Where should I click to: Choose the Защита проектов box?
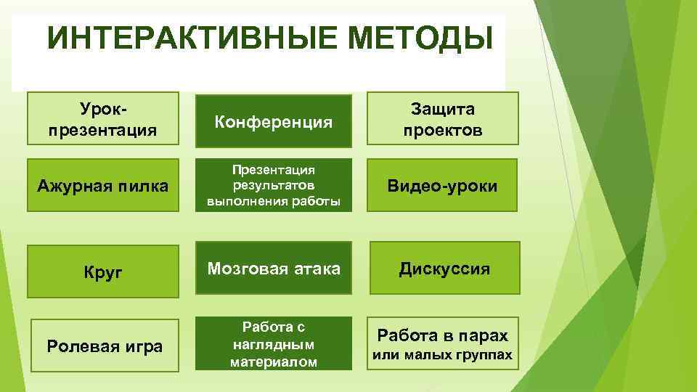point(442,118)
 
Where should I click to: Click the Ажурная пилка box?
point(102,186)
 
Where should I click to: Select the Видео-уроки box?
point(442,186)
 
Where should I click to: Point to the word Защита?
point(442,109)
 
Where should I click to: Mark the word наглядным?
point(274,344)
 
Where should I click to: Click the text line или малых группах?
point(442,355)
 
